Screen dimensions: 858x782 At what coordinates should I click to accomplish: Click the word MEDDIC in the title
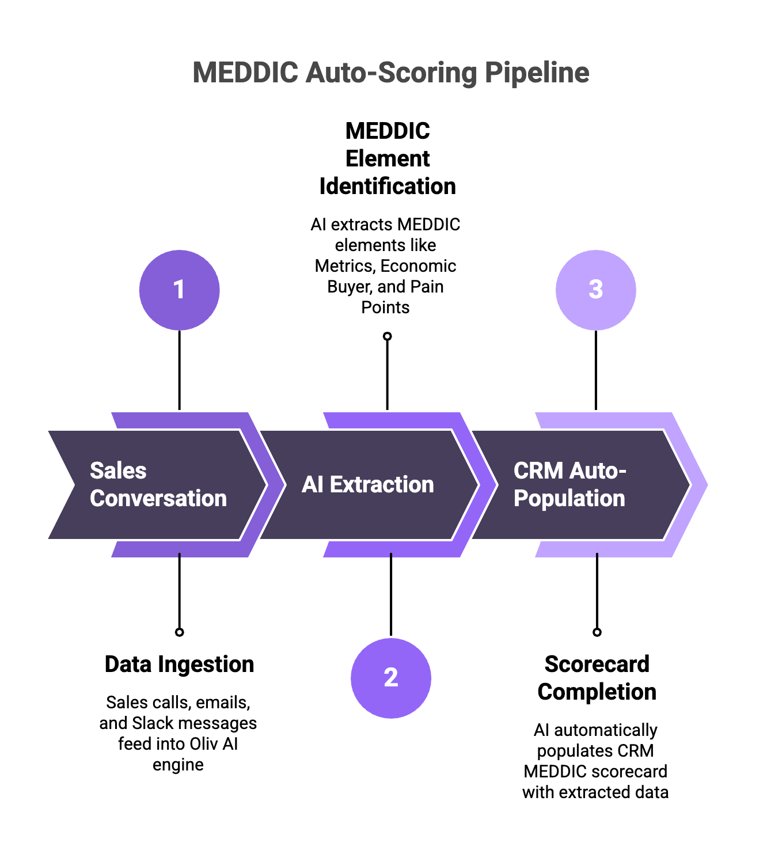coord(245,73)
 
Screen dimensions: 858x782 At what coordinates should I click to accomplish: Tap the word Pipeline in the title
coord(537,73)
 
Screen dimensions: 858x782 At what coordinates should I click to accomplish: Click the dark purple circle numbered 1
coord(179,290)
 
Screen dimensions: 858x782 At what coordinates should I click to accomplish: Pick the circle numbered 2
coord(390,678)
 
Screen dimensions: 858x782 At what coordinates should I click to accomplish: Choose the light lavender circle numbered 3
coord(595,290)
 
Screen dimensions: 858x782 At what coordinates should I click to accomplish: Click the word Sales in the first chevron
coord(118,471)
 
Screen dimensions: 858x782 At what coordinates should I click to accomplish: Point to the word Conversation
coord(158,499)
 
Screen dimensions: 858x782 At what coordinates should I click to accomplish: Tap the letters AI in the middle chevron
coord(312,485)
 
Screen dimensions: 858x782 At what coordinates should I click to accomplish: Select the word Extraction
coord(382,485)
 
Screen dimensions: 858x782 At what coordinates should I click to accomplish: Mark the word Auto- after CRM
coord(597,471)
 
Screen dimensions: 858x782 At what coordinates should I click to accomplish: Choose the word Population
coord(569,499)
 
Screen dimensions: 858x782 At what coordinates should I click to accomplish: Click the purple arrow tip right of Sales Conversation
coord(276,485)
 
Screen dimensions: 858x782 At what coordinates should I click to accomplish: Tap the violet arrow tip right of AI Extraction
coord(488,485)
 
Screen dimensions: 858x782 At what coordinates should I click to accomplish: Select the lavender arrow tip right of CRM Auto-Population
coord(700,485)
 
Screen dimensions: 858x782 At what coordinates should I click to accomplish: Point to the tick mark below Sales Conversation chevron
coord(180,556)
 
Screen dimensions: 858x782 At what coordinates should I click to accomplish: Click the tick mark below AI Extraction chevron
coord(391,556)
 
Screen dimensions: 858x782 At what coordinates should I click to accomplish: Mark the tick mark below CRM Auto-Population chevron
coord(597,556)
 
